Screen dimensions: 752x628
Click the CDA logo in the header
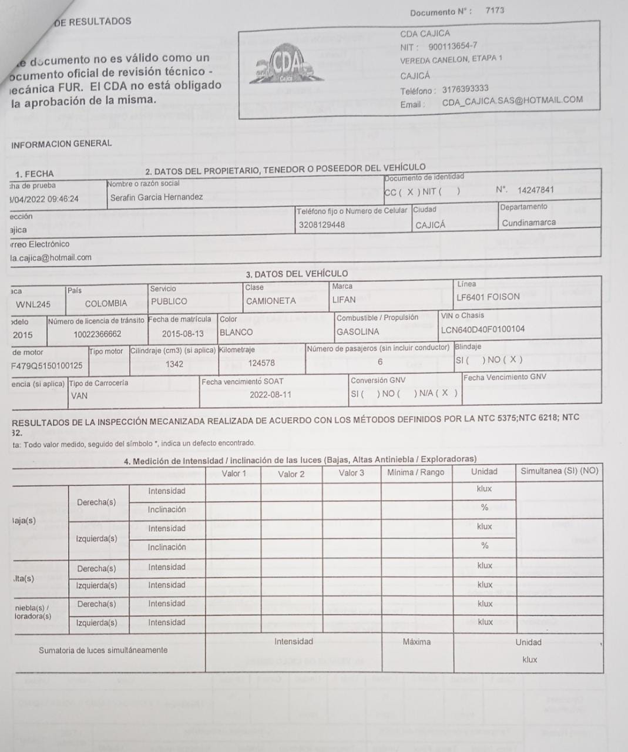click(x=288, y=65)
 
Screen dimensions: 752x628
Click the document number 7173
click(x=495, y=11)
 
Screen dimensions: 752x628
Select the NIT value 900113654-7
click(x=452, y=46)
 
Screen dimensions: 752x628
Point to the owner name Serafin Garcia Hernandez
click(x=156, y=197)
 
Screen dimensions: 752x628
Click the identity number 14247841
click(x=535, y=190)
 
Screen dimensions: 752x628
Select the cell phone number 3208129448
click(x=321, y=224)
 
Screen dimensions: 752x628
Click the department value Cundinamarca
click(x=528, y=223)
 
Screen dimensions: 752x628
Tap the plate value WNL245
click(x=33, y=304)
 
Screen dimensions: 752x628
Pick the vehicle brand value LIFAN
click(x=344, y=300)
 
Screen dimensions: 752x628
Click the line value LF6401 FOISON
click(x=488, y=297)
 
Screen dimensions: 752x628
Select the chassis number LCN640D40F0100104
click(x=482, y=330)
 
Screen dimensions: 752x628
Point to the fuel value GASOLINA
click(x=358, y=331)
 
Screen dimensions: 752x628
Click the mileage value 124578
click(x=261, y=363)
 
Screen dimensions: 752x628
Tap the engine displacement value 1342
click(x=174, y=364)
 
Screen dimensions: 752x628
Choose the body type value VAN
click(x=79, y=396)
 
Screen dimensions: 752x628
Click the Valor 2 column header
click(x=291, y=474)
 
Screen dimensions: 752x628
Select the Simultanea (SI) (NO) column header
click(x=559, y=471)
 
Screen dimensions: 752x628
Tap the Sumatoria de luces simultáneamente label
click(x=103, y=650)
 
